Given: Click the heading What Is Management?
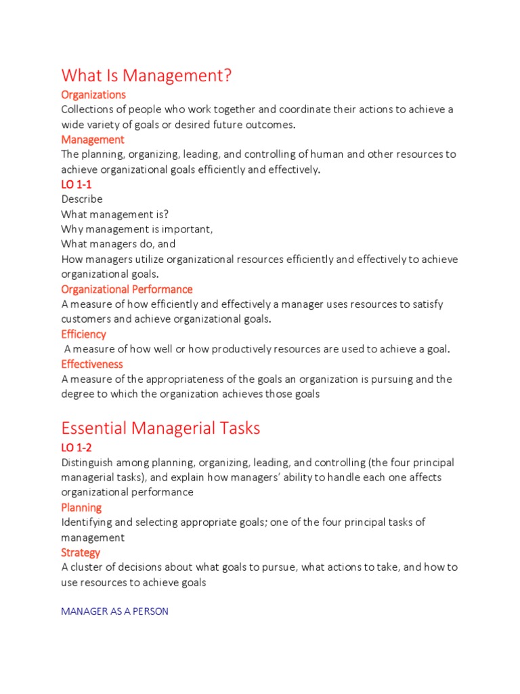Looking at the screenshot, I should pyautogui.click(x=146, y=75).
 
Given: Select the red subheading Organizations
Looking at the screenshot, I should pyautogui.click(x=93, y=95).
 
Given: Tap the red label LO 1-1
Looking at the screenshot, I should pyautogui.click(x=80, y=184).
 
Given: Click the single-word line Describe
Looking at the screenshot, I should pyautogui.click(x=82, y=199).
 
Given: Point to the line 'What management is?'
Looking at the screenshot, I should pyautogui.click(x=115, y=214).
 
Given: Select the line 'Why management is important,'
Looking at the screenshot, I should pyautogui.click(x=137, y=229).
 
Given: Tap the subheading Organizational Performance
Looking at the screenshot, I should pyautogui.click(x=127, y=289).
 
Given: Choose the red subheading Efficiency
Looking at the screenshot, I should pyautogui.click(x=83, y=334).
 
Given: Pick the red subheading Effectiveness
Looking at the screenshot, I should pyautogui.click(x=92, y=364).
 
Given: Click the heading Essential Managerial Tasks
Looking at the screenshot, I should pyautogui.click(x=160, y=428).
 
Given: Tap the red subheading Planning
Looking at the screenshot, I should pyautogui.click(x=81, y=508).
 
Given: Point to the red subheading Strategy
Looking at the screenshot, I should pyautogui.click(x=81, y=552).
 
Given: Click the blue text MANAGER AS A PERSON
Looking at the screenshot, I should pyautogui.click(x=114, y=611).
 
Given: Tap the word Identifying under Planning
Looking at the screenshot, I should pyautogui.click(x=87, y=523).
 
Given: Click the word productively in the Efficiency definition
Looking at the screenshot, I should pyautogui.click(x=241, y=349).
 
